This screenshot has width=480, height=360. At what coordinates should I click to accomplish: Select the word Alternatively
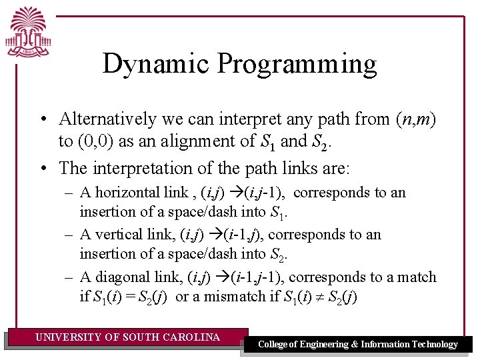pyautogui.click(x=107, y=119)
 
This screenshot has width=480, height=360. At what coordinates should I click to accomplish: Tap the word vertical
pyautogui.click(x=117, y=235)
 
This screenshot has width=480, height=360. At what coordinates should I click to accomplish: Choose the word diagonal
pyautogui.click(x=121, y=277)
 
